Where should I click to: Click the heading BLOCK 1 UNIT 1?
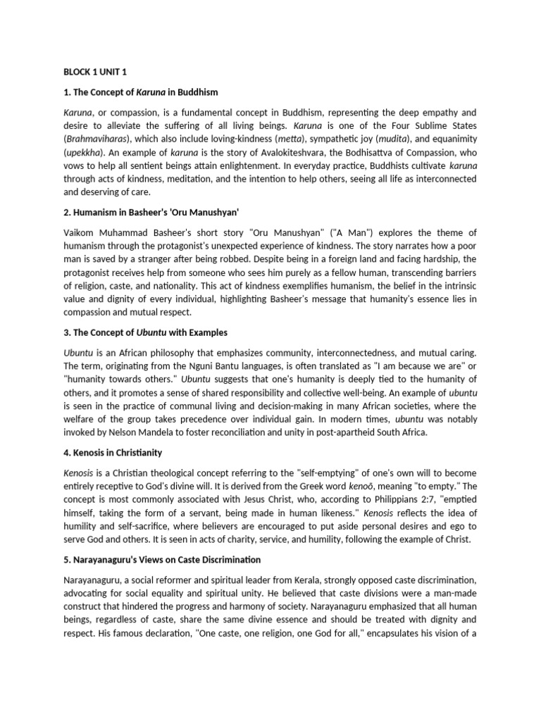pyautogui.click(x=94, y=72)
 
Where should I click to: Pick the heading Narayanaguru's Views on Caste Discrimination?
pyautogui.click(x=162, y=560)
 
